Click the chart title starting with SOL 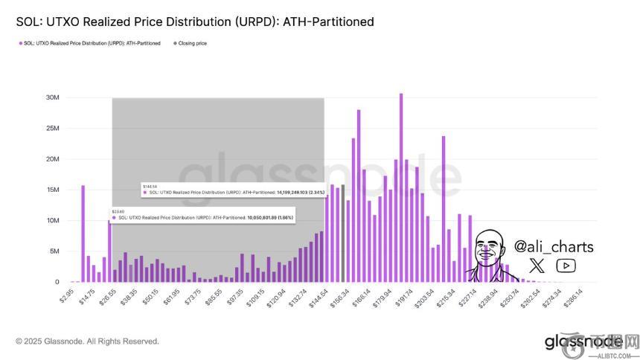point(195,22)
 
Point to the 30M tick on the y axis point(52,97)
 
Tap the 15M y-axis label point(52,190)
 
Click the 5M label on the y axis point(54,251)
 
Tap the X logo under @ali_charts point(537,266)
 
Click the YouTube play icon point(566,266)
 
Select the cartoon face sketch point(487,253)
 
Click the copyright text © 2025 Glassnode point(87,341)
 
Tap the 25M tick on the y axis point(52,128)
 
